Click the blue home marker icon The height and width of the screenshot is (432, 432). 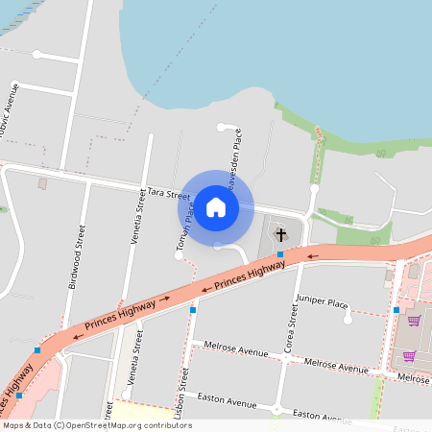(x=216, y=206)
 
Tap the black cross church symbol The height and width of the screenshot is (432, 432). (x=281, y=234)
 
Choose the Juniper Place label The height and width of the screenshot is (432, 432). (x=323, y=303)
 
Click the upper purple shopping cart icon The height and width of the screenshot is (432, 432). (x=414, y=321)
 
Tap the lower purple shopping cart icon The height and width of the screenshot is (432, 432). (x=409, y=356)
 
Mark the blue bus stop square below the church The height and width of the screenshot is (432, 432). (x=280, y=253)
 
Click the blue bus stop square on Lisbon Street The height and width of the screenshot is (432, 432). (x=193, y=310)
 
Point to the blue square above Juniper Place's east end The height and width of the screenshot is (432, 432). (x=396, y=310)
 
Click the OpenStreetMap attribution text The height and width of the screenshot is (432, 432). (x=98, y=425)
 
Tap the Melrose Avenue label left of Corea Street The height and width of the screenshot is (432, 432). (x=234, y=350)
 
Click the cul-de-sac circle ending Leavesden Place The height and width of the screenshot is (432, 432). (x=221, y=127)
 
